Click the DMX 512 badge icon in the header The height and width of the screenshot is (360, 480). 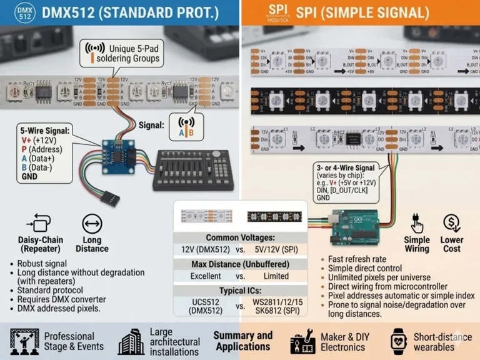point(23,12)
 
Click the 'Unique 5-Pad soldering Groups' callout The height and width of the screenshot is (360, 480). point(124,53)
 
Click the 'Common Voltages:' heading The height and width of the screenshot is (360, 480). point(240,237)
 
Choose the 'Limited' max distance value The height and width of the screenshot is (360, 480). point(276,276)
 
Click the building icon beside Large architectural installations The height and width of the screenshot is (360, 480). point(132,342)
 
